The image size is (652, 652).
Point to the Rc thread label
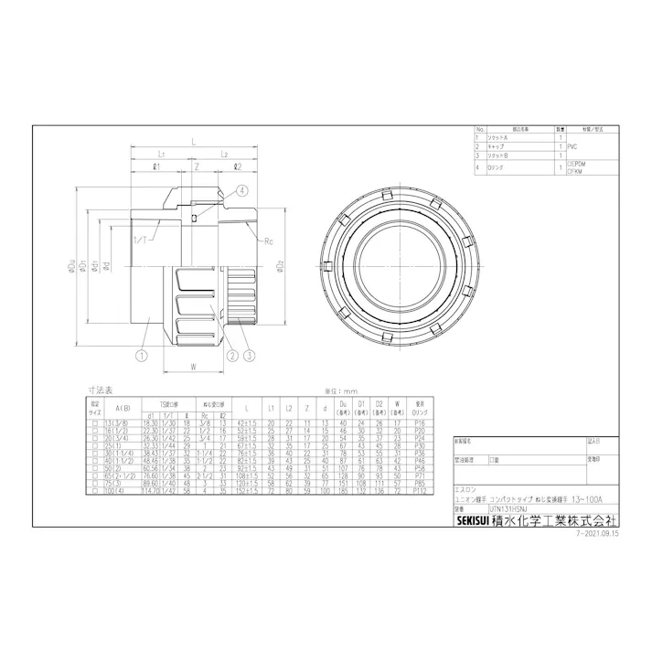coord(268,242)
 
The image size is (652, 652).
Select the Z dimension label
coord(196,166)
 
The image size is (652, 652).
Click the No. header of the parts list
coord(477,129)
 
